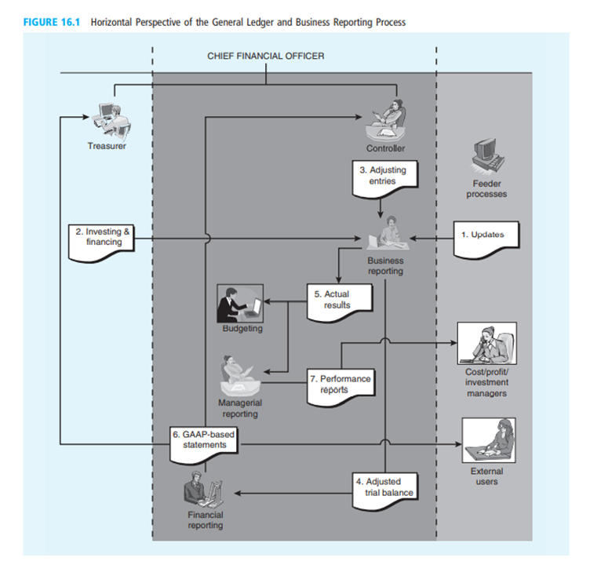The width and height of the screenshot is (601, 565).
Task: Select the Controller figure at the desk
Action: coord(385,120)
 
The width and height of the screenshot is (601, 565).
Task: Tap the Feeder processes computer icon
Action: coord(486,154)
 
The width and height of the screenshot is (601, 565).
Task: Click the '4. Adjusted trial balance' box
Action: coord(384,488)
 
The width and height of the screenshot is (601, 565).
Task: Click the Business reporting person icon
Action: coord(384,235)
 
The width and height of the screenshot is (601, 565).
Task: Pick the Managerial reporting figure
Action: coord(238,375)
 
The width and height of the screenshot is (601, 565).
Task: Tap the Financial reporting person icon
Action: coord(202,491)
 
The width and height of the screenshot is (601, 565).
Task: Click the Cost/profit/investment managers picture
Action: coord(486,343)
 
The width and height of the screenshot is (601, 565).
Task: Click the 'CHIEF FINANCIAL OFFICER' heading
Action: coord(265,56)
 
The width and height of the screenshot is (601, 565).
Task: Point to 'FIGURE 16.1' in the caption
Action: coord(53,23)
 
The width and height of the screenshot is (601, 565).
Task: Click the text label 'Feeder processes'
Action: coord(486,189)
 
